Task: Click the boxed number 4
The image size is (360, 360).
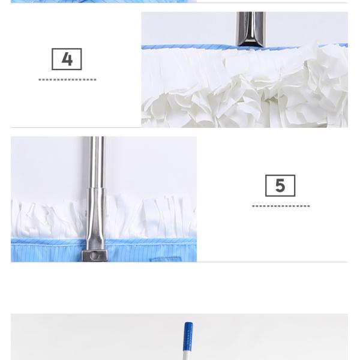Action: (67, 59)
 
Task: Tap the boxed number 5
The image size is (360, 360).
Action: (280, 186)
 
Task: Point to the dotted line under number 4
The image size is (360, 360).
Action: (67, 79)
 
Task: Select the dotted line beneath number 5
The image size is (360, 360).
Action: (281, 206)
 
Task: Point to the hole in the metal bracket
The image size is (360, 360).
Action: (95, 256)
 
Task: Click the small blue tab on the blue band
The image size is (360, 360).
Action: (166, 259)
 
